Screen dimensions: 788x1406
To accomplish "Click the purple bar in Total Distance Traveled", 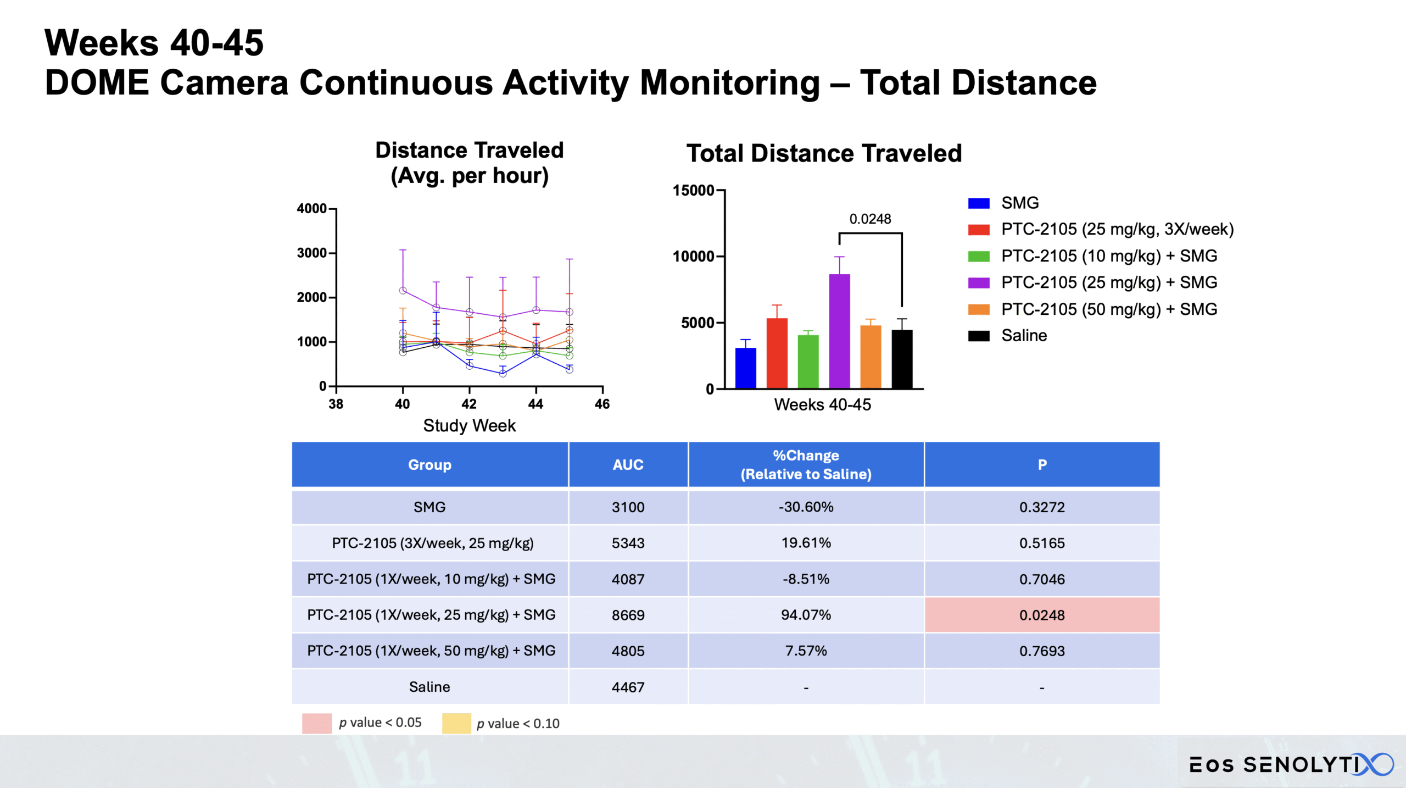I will coord(839,331).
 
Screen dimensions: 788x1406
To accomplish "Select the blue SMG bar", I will coord(745,368).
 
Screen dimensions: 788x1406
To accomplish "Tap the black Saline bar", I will coord(902,359).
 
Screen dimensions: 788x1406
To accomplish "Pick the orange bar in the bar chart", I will coord(871,357).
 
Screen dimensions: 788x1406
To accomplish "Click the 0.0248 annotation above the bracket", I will coord(870,219).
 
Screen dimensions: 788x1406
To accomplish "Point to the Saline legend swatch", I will coord(978,336).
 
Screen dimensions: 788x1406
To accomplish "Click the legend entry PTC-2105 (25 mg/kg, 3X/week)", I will coord(1117,229).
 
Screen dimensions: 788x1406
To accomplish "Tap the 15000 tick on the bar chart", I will coord(693,191).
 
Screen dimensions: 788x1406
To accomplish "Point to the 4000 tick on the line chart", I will coord(311,209).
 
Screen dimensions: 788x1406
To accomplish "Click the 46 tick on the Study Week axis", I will coord(602,404).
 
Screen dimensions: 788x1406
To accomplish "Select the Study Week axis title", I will coord(469,426).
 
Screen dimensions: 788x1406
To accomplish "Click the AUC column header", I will coord(628,465).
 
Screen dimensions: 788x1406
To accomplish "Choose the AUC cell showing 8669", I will coord(628,615).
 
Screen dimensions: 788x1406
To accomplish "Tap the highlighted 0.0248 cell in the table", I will coord(1041,615).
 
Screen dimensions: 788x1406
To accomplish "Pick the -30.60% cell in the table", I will coord(806,507).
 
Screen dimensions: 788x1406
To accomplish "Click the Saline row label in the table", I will coord(429,687).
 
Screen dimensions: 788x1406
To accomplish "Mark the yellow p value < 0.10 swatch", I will coord(456,723).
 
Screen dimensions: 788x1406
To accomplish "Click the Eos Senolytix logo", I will coord(1291,764).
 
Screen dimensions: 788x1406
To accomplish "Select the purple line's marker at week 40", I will coord(403,290).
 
